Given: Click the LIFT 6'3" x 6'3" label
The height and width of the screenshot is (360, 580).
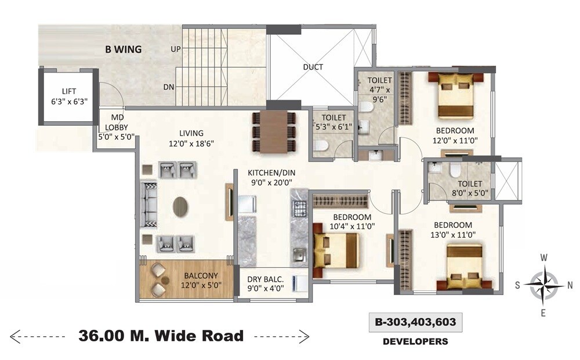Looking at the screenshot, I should (68, 96).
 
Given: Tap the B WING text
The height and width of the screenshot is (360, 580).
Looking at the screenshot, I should (123, 49).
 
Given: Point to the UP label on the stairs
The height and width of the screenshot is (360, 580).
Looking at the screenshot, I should (175, 49).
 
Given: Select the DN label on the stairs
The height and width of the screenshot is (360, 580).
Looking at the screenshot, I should (169, 87).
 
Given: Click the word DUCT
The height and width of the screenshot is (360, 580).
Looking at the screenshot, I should (313, 67).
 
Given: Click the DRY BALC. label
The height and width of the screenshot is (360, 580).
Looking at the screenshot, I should (265, 282).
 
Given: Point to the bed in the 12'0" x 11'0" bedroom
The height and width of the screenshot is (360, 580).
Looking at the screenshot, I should (452, 94).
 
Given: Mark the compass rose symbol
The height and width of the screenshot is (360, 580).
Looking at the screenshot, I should (544, 285).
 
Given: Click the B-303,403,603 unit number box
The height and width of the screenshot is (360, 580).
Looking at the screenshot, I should (415, 322).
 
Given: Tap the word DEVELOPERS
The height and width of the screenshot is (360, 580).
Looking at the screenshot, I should (415, 341).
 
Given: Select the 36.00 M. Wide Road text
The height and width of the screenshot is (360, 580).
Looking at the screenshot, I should (161, 335).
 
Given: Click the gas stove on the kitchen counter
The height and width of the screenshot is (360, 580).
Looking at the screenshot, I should (299, 207).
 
